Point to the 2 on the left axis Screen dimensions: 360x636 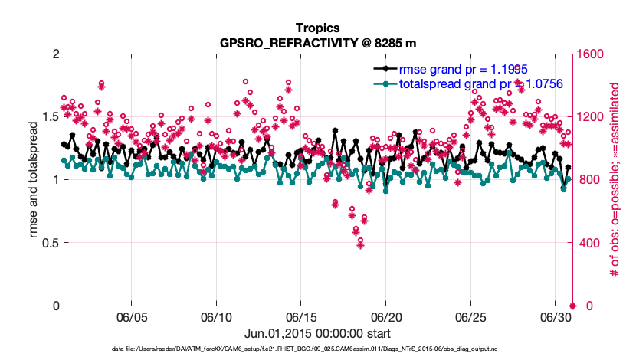pos(54,54)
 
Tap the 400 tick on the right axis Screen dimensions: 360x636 pos(588,243)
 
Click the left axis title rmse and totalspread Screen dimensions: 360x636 pos(34,180)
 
